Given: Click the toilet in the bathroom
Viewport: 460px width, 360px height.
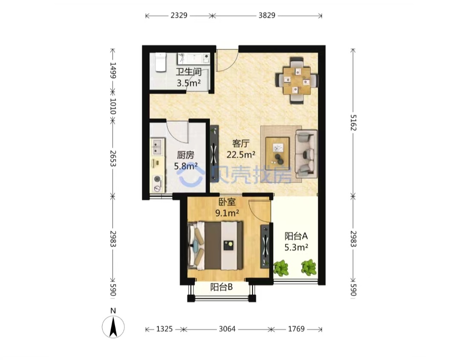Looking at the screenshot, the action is point(161,62).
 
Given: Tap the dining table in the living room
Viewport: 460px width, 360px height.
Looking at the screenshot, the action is point(297,80).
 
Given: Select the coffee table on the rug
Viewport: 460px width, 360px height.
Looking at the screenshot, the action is point(277,153).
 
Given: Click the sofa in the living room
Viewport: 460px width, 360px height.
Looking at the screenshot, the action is point(306,154).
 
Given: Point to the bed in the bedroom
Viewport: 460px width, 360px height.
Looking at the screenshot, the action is point(216,246).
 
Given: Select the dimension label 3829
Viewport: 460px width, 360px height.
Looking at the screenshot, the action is point(267,15).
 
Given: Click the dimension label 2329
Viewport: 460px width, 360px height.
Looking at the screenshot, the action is point(179,15).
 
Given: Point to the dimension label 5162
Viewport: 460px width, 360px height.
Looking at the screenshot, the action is point(353,123).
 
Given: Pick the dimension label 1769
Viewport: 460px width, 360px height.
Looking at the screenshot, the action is point(296,329).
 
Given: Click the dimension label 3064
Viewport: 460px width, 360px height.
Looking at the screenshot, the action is point(227,329).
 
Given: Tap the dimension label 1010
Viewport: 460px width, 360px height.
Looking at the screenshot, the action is point(113,106).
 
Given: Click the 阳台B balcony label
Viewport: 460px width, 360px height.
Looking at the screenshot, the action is point(221,287).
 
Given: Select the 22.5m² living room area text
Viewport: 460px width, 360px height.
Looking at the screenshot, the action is point(241,154).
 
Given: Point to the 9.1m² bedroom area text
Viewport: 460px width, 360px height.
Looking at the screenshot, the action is point(227,213).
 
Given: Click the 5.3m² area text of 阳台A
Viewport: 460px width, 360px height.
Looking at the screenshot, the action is point(296,248).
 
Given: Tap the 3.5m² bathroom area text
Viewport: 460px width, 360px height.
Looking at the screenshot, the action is point(189,83).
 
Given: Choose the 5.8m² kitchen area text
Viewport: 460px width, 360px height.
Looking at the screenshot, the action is point(186,166).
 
